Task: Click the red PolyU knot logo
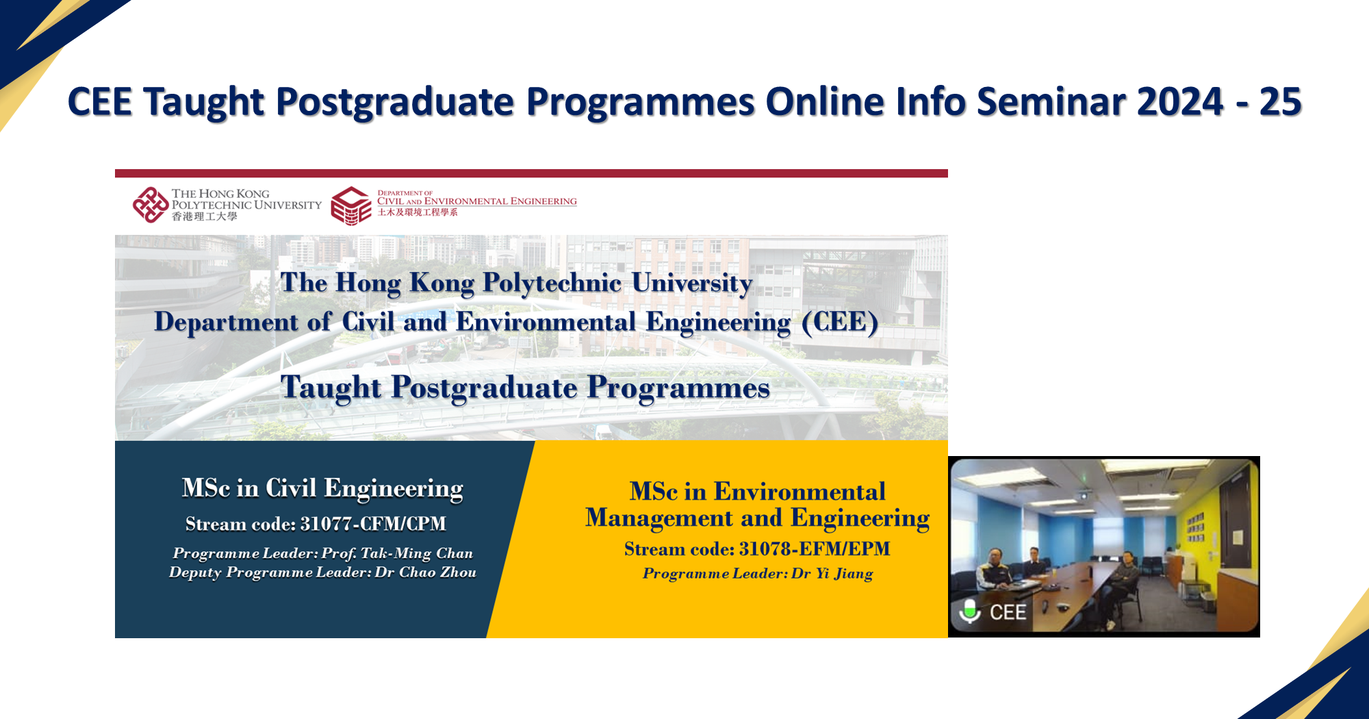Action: (x=150, y=205)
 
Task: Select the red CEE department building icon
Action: (x=351, y=205)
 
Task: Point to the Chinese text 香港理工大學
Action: (x=204, y=216)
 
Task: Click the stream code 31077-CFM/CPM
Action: (x=373, y=524)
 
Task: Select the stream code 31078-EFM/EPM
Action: (x=815, y=549)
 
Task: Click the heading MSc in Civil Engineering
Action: (x=322, y=488)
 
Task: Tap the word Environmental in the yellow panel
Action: (x=799, y=492)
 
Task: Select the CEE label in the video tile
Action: (x=1008, y=611)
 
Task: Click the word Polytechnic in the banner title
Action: (x=552, y=283)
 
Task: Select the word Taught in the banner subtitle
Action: (x=331, y=388)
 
